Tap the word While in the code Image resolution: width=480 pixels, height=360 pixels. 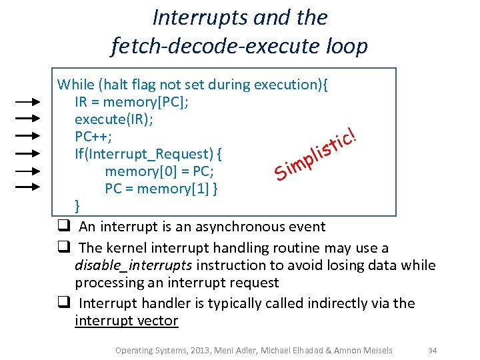(76, 85)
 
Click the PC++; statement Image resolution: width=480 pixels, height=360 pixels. (93, 137)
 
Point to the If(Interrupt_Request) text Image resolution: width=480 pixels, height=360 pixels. (148, 154)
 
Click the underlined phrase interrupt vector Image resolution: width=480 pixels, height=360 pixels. (127, 321)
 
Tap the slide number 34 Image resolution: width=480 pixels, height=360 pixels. (432, 351)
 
